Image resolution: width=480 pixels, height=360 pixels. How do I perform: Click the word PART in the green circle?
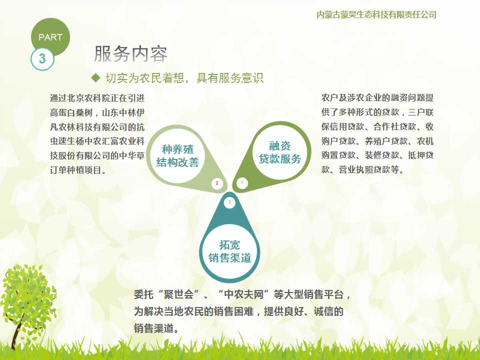50,37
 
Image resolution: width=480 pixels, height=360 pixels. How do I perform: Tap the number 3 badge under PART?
42,59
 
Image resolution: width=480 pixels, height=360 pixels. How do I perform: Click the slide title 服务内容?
131,54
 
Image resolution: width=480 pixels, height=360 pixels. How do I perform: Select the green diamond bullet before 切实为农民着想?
96,78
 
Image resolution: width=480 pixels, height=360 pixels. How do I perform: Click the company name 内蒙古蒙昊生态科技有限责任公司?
376,14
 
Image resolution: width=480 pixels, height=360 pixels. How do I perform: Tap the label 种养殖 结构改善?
177,156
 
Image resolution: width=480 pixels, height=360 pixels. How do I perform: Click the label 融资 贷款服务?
280,152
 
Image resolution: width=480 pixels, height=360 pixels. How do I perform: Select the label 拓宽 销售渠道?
229,251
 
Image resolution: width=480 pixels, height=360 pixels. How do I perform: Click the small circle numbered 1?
242,183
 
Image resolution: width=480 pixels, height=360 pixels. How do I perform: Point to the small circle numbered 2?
217,183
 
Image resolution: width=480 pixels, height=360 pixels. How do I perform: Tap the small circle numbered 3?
229,202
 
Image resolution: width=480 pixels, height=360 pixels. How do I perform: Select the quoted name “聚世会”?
179,294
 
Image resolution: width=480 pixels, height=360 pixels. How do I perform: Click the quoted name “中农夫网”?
244,294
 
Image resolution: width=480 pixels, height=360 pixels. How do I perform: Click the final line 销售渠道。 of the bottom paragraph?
156,328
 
